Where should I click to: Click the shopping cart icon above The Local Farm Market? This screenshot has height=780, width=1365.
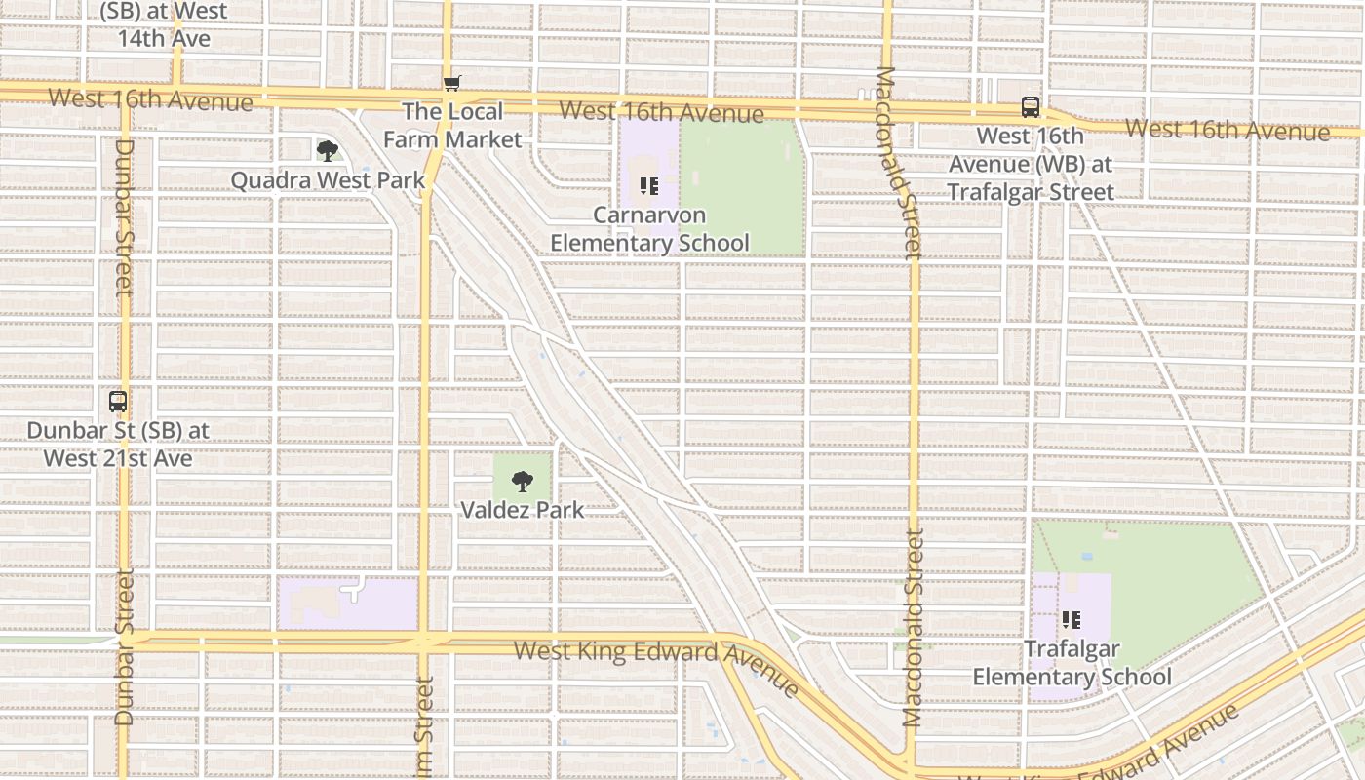(x=451, y=83)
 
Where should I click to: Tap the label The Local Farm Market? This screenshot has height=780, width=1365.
(x=452, y=126)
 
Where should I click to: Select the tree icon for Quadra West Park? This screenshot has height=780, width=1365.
(x=328, y=150)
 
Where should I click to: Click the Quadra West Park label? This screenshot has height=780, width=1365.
(x=328, y=180)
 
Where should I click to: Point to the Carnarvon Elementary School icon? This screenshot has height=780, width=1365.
(x=649, y=185)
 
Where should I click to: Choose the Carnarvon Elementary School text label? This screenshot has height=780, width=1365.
(x=649, y=229)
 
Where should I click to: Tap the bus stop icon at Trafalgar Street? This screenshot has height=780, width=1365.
(x=1031, y=107)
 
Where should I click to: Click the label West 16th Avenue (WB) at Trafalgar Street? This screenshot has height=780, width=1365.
(x=1031, y=164)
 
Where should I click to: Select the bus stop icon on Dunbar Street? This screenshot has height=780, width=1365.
(x=118, y=401)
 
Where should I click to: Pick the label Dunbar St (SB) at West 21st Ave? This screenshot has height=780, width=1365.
(x=118, y=445)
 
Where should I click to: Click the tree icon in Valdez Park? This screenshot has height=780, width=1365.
(x=523, y=481)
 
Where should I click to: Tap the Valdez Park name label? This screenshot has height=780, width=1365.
(x=523, y=510)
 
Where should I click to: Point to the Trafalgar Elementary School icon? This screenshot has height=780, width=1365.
(x=1072, y=619)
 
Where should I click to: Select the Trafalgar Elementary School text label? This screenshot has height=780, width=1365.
(x=1072, y=663)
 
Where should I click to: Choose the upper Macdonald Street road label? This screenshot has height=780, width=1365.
(x=898, y=164)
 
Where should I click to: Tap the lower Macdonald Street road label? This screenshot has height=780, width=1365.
(x=913, y=629)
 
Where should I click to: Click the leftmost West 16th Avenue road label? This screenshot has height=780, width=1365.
(x=150, y=98)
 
